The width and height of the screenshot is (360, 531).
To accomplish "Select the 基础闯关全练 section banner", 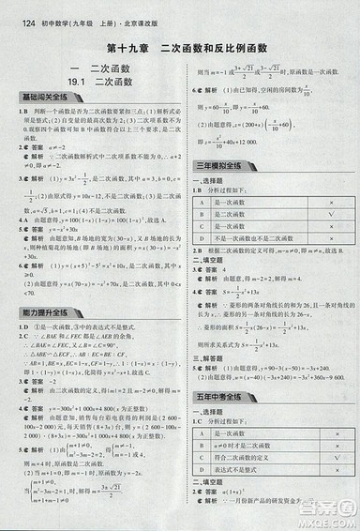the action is click(x=37, y=98).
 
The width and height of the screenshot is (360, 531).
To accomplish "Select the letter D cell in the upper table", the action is click(x=202, y=238).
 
